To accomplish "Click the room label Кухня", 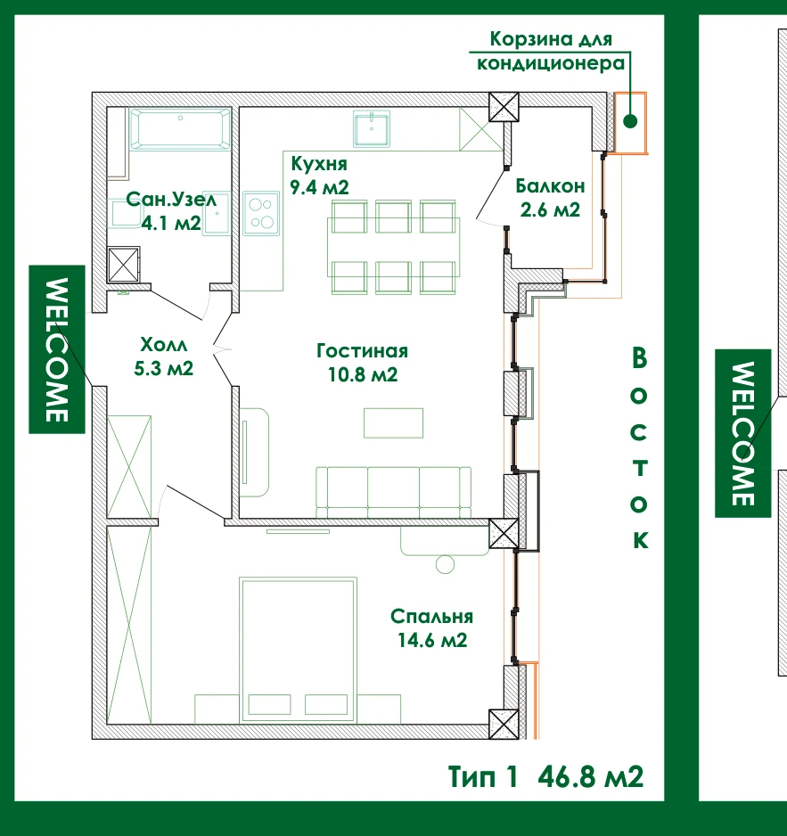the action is tap(319, 164).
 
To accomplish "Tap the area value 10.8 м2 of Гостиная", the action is tap(363, 374).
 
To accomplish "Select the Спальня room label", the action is tap(432, 617).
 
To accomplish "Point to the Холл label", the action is tap(164, 344).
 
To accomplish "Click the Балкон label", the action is tap(550, 186).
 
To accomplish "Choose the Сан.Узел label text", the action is tap(171, 200).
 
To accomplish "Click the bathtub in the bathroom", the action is tap(180, 128).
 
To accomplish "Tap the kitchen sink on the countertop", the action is tap(371, 128).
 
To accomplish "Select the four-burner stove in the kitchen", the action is tap(261, 213).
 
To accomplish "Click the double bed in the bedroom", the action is tap(298, 650).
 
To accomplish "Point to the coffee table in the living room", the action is tap(394, 422).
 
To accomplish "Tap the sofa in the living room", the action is tap(394, 492).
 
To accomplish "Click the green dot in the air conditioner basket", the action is tap(630, 121).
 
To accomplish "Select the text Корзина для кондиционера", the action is tap(551, 51).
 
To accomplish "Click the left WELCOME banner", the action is tap(57, 349).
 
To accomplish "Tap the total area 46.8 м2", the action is tap(590, 776).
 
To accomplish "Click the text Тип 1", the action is tap(482, 776).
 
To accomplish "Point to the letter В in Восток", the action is tap(639, 357).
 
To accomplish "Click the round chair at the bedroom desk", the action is tap(446, 564).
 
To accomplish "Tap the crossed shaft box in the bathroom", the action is tap(124, 264).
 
